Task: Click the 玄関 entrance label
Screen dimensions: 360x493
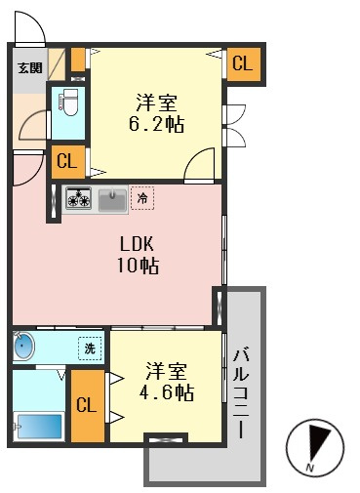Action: [x=30, y=67]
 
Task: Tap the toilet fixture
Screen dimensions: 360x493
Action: [x=68, y=103]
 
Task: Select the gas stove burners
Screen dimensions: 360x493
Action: [x=79, y=198]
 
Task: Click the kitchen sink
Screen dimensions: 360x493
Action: [x=112, y=200]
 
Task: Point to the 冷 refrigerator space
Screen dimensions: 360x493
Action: [x=142, y=198]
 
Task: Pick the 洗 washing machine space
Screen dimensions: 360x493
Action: [x=90, y=349]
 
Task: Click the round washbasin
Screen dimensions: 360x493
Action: [x=24, y=346]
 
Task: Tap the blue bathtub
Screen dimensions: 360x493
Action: [x=39, y=426]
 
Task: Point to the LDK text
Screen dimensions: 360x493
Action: [x=137, y=244]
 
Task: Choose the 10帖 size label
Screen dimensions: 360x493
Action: [x=138, y=266]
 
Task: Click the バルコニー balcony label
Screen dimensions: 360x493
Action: [x=241, y=393]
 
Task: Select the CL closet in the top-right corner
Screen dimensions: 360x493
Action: [x=243, y=63]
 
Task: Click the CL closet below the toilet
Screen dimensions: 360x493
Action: [x=67, y=161]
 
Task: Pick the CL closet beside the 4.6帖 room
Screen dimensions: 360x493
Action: [x=87, y=405]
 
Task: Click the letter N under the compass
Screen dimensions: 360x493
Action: [x=310, y=469]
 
